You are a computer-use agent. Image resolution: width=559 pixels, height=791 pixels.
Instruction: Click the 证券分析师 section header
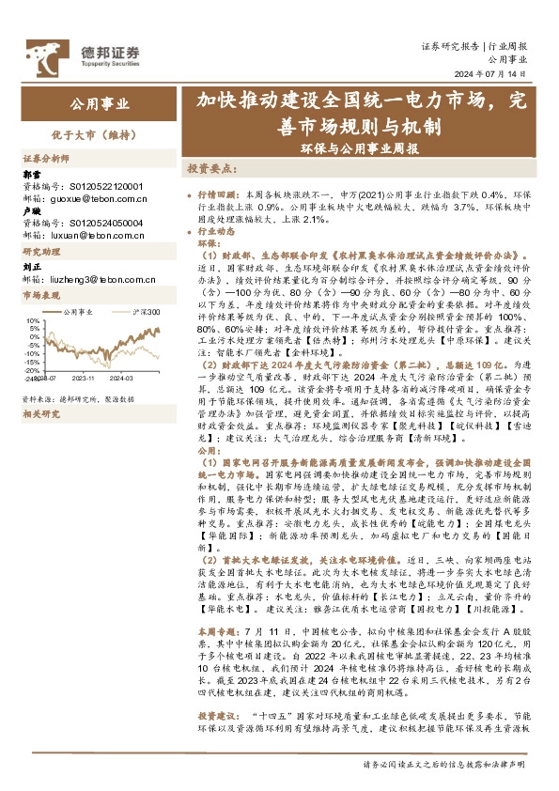tap(47, 158)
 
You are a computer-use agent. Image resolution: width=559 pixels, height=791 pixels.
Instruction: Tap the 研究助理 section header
tap(41, 253)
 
